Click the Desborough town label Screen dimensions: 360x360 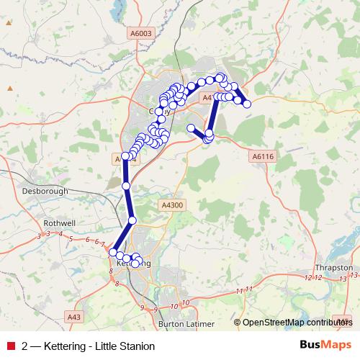tap(45, 192)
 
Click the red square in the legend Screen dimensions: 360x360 tap(10, 346)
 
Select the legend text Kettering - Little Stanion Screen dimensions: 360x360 tap(99, 346)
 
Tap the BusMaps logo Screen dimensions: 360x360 tap(326, 346)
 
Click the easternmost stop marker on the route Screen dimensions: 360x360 tap(248, 104)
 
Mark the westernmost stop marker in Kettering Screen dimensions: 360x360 tap(112, 252)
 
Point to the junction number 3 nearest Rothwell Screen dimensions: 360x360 tap(48, 234)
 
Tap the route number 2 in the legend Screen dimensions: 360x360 tap(25, 346)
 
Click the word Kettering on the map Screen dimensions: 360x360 tap(134, 264)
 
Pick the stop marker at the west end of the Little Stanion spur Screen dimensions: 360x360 tap(191, 128)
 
